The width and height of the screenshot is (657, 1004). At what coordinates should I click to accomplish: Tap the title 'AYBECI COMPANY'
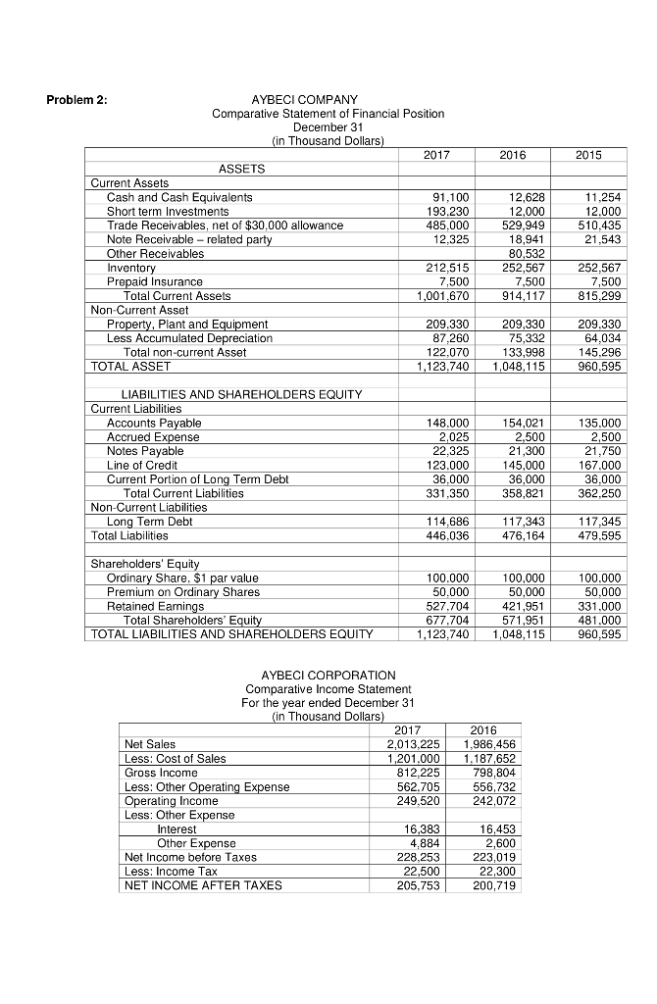coord(305,100)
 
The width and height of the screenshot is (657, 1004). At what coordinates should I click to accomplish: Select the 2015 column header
coord(589,154)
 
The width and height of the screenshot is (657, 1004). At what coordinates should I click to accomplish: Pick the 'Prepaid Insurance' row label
coord(155,281)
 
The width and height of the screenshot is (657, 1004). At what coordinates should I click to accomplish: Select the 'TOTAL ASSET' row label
coord(130,366)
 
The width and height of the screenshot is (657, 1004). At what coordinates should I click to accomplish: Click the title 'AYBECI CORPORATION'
coord(328,676)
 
